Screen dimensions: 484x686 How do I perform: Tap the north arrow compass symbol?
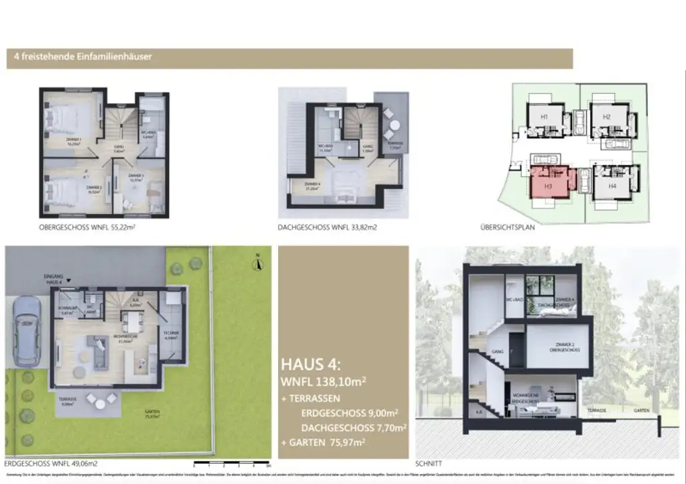[255, 263]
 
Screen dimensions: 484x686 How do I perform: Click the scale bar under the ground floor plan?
[230, 463]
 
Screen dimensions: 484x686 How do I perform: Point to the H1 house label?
[544, 117]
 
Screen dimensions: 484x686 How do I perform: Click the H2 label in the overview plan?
[606, 117]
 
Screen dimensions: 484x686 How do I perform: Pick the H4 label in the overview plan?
[612, 186]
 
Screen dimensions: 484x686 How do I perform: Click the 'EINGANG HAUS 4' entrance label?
[53, 279]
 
